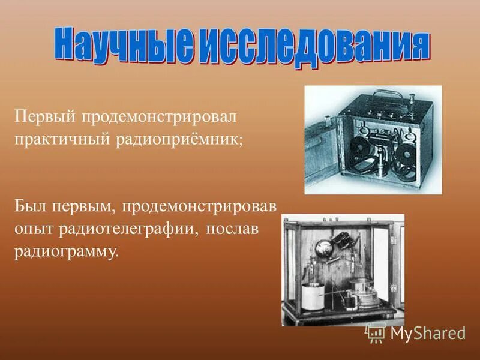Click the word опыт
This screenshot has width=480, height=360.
(34, 229)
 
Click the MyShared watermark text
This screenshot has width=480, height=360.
(428, 333)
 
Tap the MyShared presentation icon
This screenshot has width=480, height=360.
(376, 332)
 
